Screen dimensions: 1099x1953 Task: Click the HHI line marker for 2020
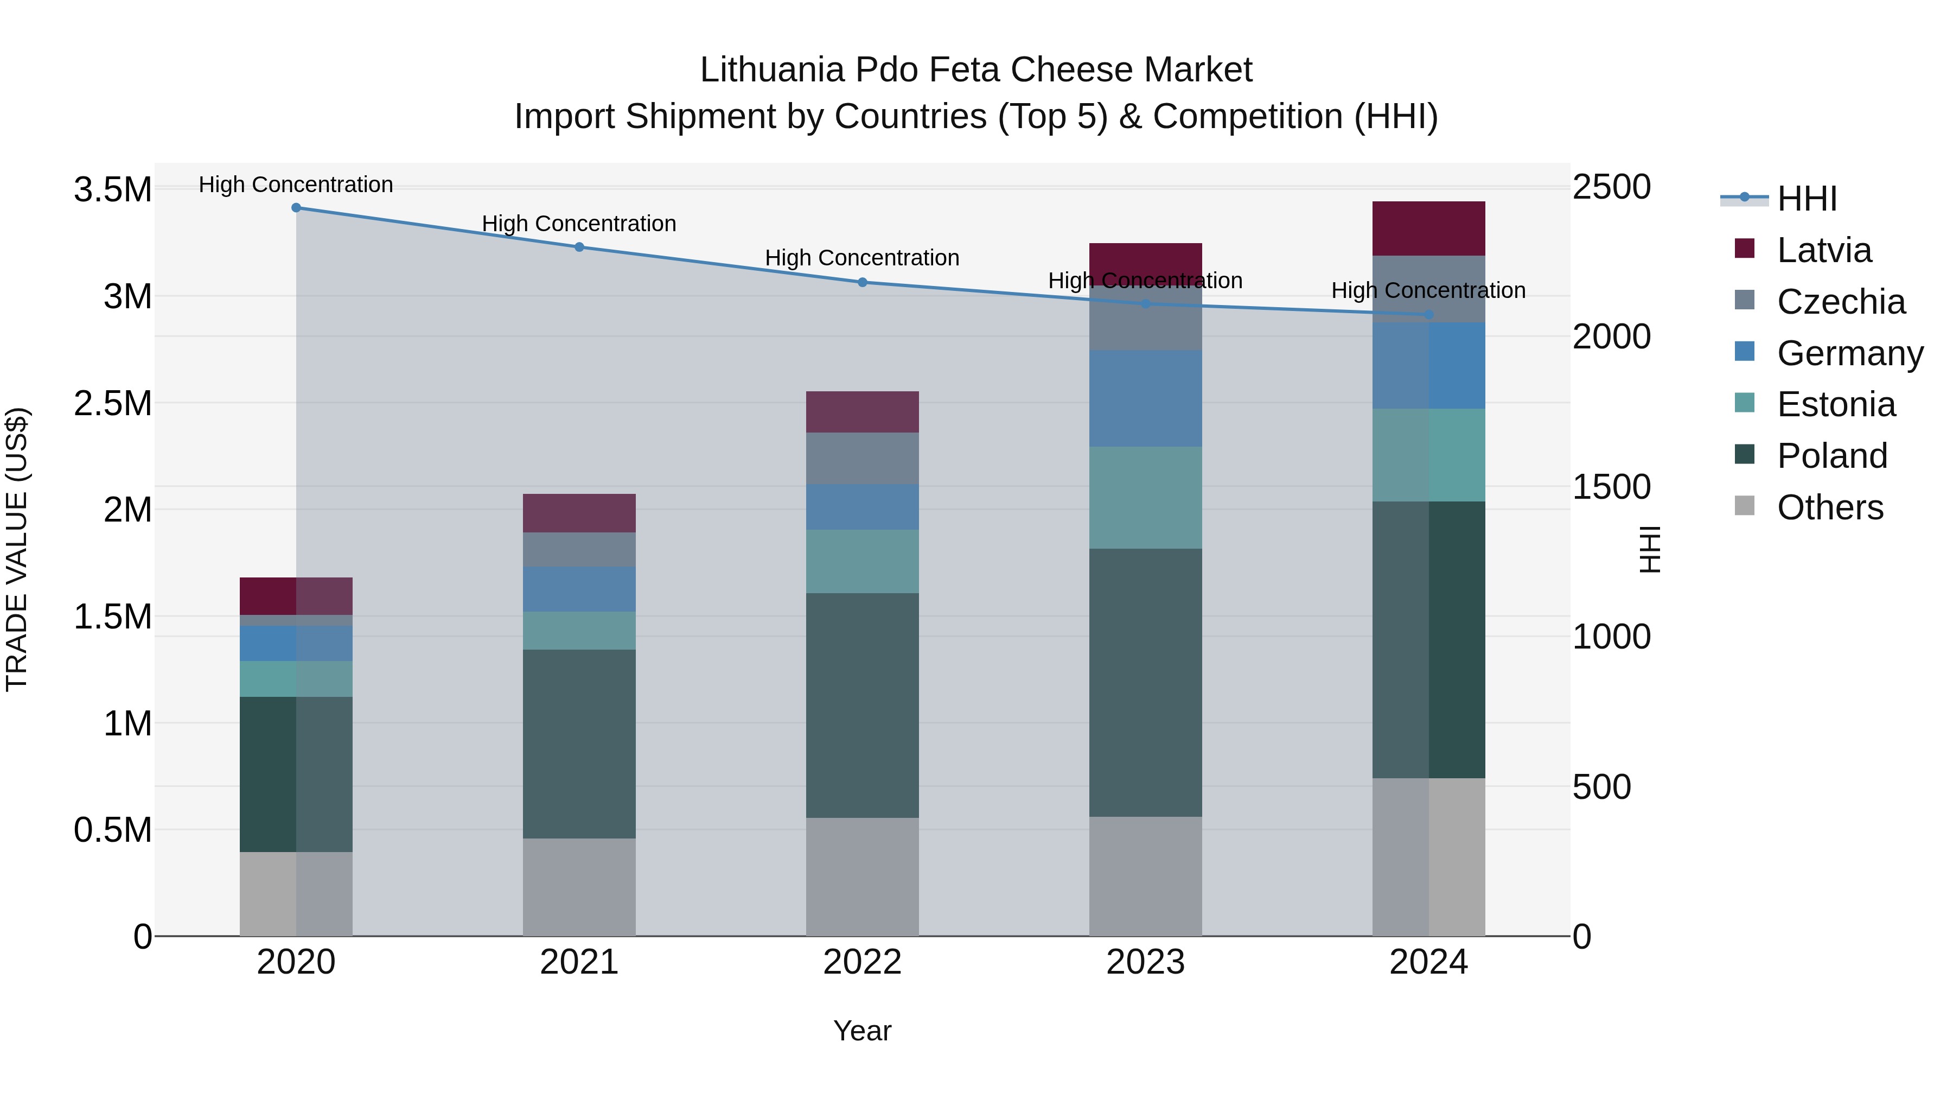296,208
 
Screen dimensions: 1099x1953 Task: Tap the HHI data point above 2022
862,282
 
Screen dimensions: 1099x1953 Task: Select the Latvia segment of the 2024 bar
1428,228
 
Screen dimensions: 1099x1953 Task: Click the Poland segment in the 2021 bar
579,744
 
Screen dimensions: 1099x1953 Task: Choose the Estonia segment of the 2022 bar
862,561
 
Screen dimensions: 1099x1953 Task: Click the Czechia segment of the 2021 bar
579,549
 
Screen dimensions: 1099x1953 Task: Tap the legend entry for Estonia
1835,404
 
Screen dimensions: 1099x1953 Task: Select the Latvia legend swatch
1745,249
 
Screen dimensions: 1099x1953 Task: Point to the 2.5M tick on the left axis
112,403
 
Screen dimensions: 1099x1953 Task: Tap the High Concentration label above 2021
579,224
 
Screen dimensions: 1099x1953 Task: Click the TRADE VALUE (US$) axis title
17,549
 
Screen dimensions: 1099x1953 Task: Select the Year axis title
862,1031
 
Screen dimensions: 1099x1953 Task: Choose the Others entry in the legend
1829,507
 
